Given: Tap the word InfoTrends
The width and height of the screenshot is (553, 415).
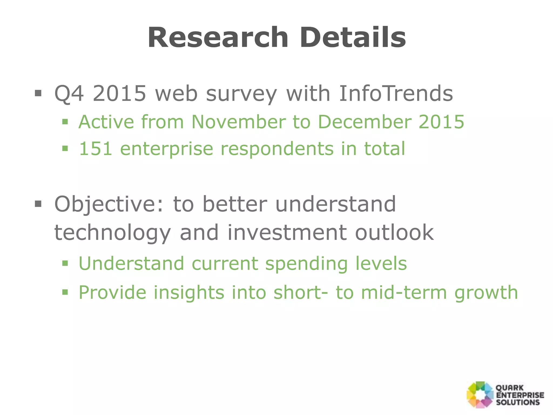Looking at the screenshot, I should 396,93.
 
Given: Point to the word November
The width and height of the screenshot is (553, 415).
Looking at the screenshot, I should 238,122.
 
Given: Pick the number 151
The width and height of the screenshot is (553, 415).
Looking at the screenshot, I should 95,149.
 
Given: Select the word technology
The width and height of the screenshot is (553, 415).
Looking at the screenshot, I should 113,233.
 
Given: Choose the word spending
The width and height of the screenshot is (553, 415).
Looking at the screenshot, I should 306,264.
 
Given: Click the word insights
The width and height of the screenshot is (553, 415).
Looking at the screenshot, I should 189,293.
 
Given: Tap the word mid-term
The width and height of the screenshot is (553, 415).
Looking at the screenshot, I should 404,293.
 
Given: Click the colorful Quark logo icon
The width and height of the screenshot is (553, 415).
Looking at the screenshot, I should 480,395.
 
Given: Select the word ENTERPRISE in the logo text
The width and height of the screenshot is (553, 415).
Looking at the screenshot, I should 520,395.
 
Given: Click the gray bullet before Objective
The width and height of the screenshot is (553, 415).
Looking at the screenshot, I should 38,204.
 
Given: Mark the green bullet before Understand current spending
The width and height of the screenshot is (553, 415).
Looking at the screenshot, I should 65,263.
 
